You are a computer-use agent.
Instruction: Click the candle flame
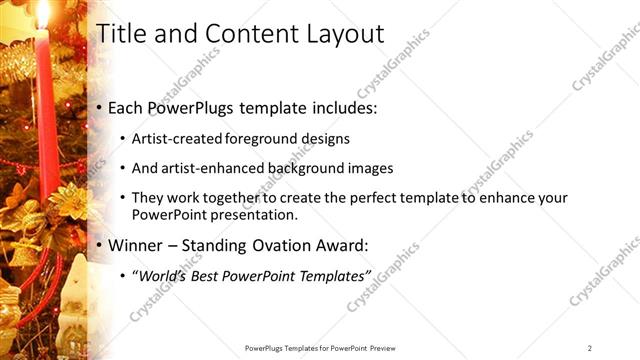click(x=42, y=12)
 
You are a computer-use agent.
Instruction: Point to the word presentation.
click(x=257, y=215)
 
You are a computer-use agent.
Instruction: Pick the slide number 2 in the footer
click(x=590, y=347)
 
